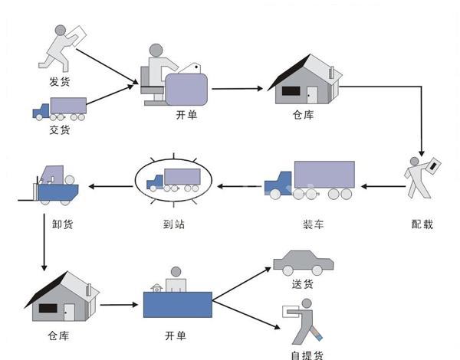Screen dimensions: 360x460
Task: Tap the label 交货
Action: (x=59, y=129)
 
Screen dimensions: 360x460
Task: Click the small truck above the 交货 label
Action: (x=59, y=109)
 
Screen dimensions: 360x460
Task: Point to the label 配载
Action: (x=422, y=224)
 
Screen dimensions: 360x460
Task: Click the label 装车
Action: (x=314, y=224)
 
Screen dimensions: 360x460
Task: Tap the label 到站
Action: (x=173, y=224)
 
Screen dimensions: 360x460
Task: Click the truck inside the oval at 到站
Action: (x=174, y=180)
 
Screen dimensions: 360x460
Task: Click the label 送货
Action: (x=303, y=284)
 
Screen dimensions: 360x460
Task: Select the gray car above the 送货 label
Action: (x=303, y=263)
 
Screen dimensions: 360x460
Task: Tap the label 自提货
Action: (x=307, y=355)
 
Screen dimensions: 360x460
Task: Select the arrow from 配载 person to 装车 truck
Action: (x=381, y=185)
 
